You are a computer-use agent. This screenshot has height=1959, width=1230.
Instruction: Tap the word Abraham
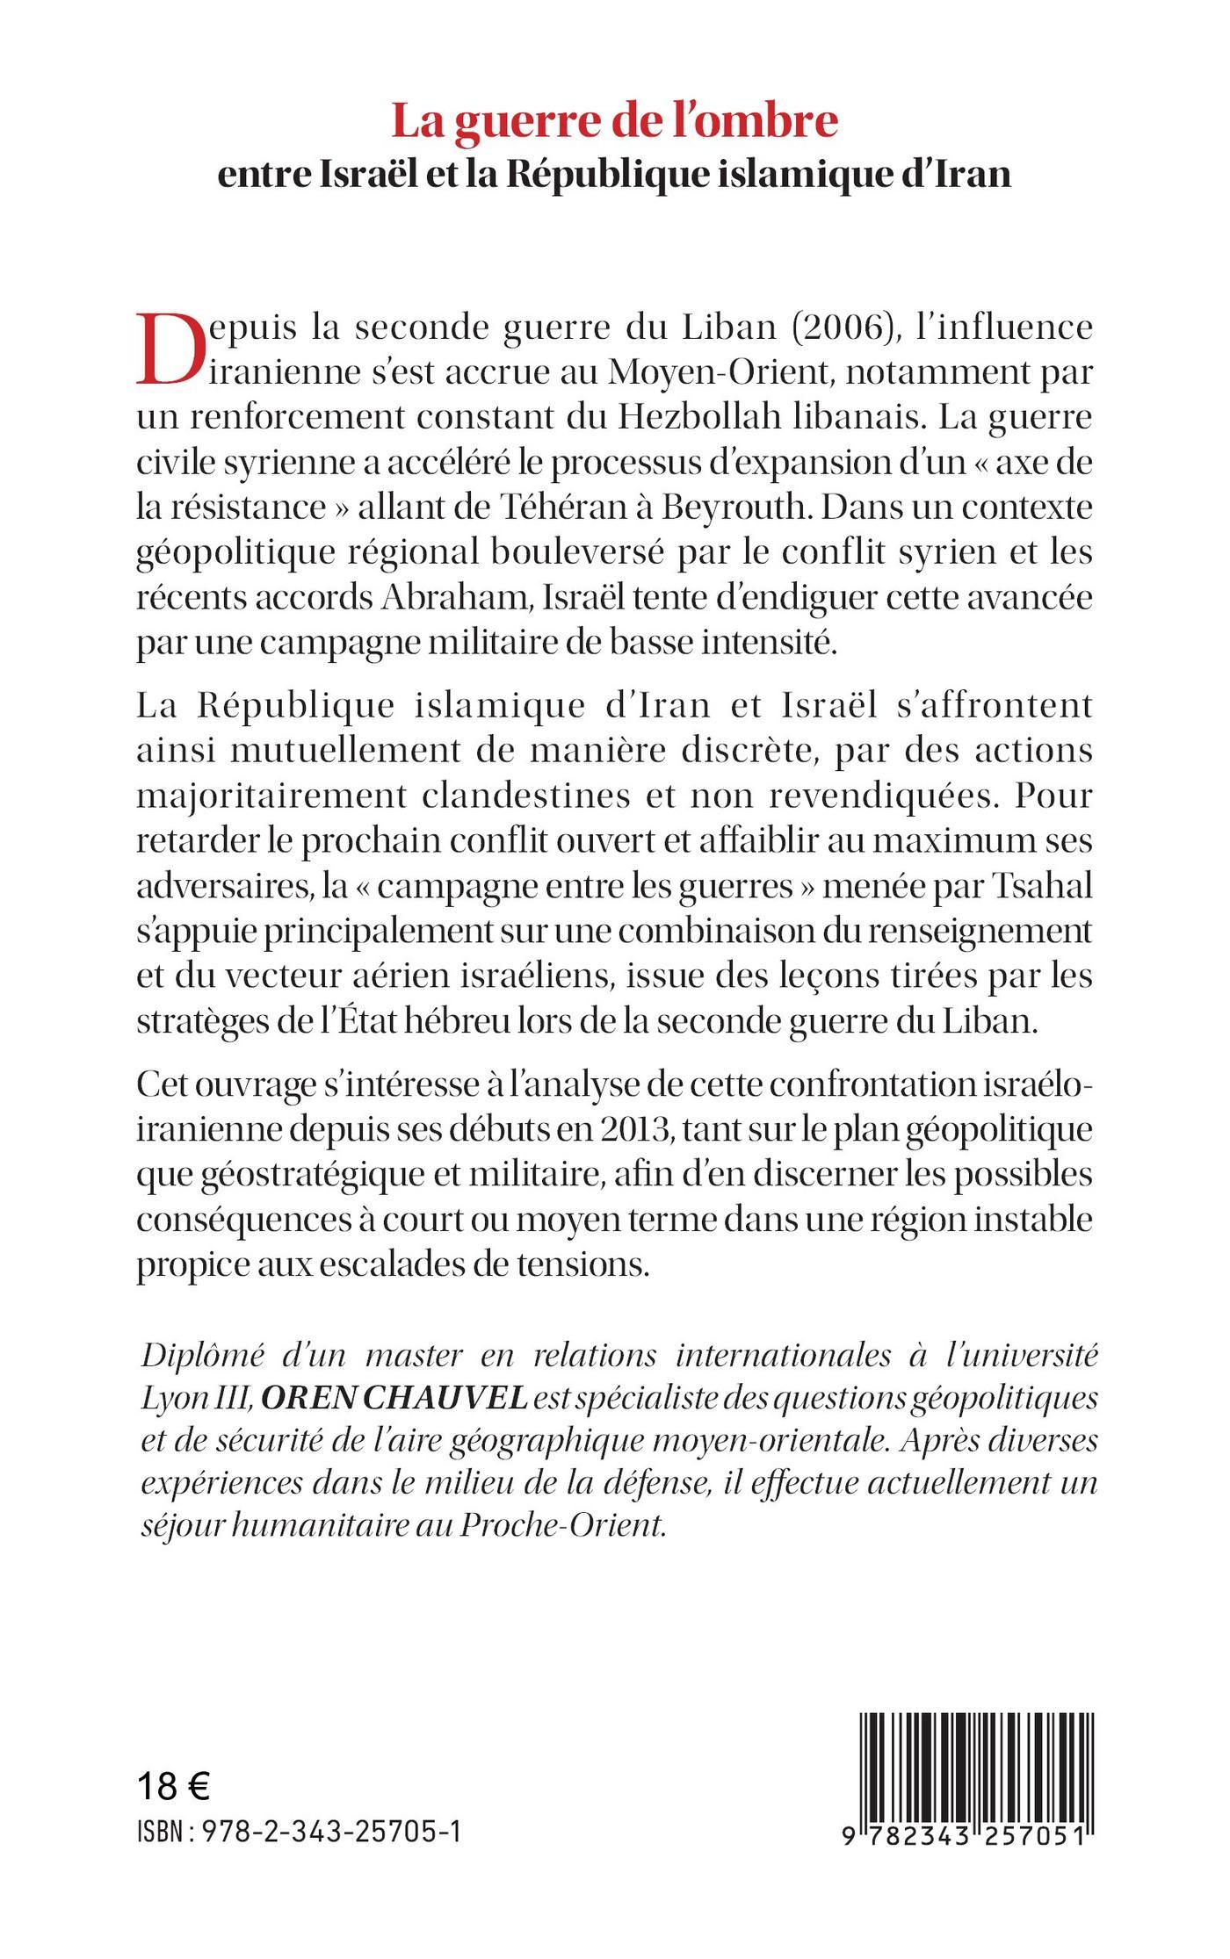457,598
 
